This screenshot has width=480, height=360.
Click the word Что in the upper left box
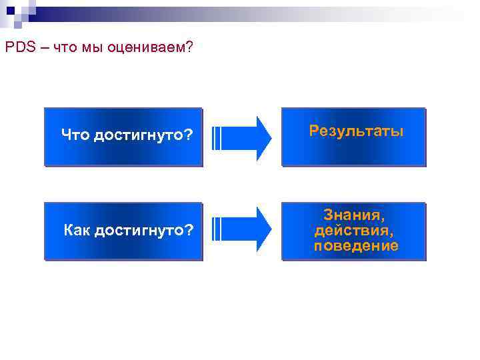[x=76, y=136]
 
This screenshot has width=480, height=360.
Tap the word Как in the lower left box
[x=77, y=231]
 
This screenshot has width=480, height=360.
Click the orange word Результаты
[x=356, y=131]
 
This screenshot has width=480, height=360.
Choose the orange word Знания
[x=354, y=215]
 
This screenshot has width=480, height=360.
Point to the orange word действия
[x=354, y=231]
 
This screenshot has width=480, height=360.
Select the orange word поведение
[x=356, y=246]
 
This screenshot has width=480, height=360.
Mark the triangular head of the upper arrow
[x=263, y=137]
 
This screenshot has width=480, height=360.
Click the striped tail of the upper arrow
[x=217, y=137]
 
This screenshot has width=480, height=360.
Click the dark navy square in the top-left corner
[x=10, y=9]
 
